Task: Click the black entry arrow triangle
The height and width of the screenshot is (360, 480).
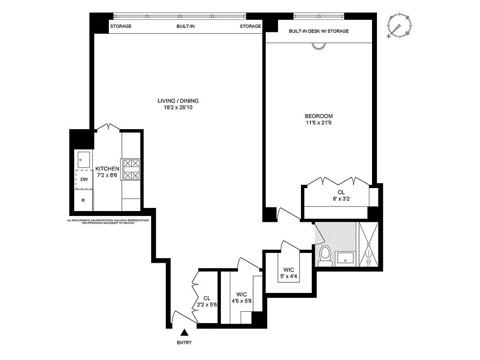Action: pos(184,333)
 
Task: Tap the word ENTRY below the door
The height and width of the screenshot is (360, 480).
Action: pos(184,343)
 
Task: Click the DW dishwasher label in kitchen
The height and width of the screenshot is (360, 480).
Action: pos(84,180)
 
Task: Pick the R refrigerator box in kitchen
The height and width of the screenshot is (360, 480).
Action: pos(83,200)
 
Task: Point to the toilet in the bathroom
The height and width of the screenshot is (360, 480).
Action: pos(324,255)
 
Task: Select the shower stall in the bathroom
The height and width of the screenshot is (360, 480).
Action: pos(368,245)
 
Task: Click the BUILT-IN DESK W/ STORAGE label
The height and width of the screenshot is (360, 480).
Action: pos(319,31)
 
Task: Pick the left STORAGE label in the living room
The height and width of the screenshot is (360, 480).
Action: pos(121,26)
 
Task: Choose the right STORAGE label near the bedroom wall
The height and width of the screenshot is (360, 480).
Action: pos(250,26)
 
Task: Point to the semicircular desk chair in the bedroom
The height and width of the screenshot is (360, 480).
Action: pos(319,46)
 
